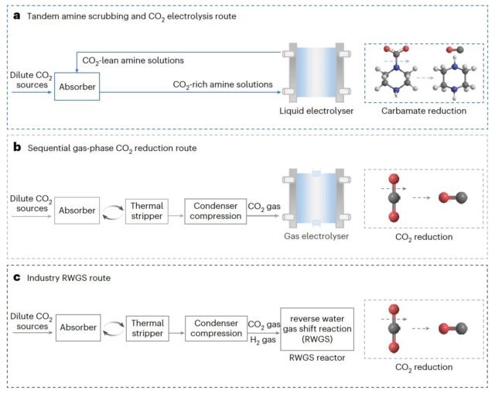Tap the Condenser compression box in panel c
click(213, 327)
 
